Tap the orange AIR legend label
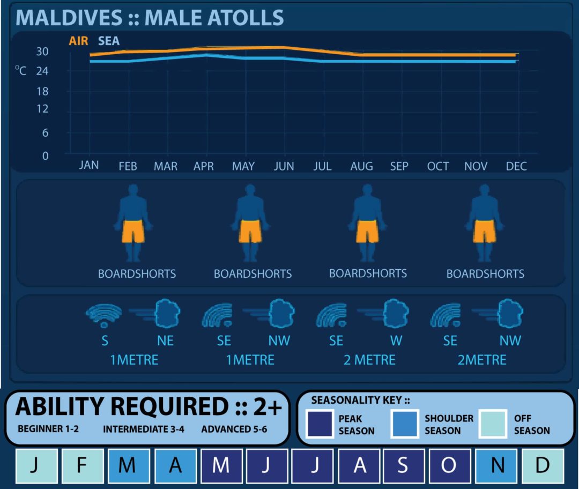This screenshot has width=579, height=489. (x=78, y=41)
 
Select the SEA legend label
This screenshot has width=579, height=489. (x=109, y=41)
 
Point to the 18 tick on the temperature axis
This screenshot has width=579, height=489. (x=42, y=91)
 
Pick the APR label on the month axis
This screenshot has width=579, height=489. (x=204, y=166)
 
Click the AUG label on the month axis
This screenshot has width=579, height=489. (x=361, y=166)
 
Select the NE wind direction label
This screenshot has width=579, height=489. (x=165, y=340)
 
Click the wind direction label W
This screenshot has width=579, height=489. (x=396, y=340)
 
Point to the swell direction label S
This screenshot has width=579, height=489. (x=105, y=340)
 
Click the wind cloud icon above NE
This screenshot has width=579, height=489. (x=167, y=314)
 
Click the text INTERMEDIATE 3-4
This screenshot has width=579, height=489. (x=144, y=429)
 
